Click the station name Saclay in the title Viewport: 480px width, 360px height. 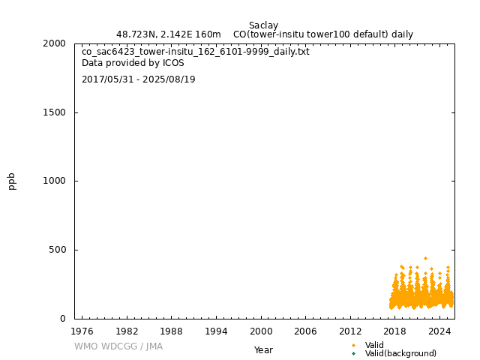tap(263, 25)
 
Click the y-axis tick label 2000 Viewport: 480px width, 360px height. tap(55, 43)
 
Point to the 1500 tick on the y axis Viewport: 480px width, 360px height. tap(55, 112)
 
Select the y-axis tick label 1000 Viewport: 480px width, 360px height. tap(55, 181)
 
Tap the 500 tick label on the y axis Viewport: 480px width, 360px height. tap(58, 250)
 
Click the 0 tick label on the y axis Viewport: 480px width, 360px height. tap(64, 319)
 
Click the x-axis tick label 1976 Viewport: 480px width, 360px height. tap(82, 331)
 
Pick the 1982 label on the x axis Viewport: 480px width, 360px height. tap(127, 331)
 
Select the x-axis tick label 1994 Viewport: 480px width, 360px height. tap(216, 331)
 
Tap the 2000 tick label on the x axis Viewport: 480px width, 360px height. tap(261, 331)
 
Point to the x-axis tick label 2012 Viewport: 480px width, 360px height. tap(350, 331)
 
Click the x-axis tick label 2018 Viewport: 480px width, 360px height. tap(395, 331)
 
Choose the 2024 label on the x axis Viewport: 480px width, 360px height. tap(440, 331)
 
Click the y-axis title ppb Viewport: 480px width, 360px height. tap(12, 181)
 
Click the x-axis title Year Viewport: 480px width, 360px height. tap(263, 349)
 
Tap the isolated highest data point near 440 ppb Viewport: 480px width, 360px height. tap(425, 258)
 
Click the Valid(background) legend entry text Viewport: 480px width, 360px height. tap(400, 353)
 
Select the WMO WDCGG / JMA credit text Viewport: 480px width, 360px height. tap(118, 346)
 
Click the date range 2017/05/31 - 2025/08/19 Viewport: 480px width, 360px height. tap(139, 79)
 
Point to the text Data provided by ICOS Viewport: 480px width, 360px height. tap(133, 64)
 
